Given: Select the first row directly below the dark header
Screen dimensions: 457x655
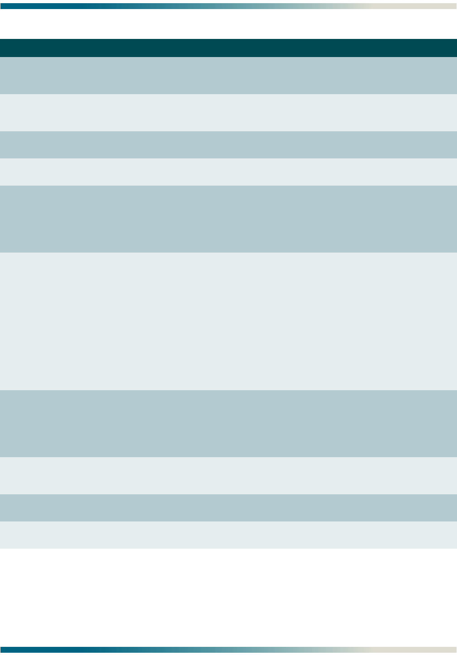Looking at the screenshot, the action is pos(228,75).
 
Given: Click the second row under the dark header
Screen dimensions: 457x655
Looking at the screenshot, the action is pos(228,112).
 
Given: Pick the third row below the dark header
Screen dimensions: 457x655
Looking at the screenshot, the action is pos(228,144).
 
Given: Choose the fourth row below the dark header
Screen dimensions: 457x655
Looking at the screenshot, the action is pos(228,172).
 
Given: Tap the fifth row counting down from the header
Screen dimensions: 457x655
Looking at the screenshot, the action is pos(228,219).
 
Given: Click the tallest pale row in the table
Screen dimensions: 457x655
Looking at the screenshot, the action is pos(228,321).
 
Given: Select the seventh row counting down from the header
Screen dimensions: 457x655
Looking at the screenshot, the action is pos(228,423).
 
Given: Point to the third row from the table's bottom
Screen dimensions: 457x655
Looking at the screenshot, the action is pos(228,475).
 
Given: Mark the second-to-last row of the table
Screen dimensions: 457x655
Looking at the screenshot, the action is pos(228,507).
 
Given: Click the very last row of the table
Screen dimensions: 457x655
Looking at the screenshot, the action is pos(228,535).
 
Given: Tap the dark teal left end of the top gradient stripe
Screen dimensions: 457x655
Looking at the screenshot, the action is pos(9,6).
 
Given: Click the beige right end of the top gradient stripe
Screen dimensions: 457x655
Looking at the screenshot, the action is pos(448,6).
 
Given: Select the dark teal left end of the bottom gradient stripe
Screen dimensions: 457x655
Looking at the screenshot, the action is pos(9,650).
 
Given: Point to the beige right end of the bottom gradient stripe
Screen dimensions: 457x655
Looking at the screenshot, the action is pos(448,650).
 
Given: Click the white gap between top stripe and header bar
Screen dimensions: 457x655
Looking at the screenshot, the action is pos(228,24).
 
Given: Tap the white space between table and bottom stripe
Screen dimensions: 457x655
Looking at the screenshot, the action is pos(228,598).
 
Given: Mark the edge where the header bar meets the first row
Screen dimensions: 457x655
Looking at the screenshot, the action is pos(228,57).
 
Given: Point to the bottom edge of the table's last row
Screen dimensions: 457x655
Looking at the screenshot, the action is pos(228,548).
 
